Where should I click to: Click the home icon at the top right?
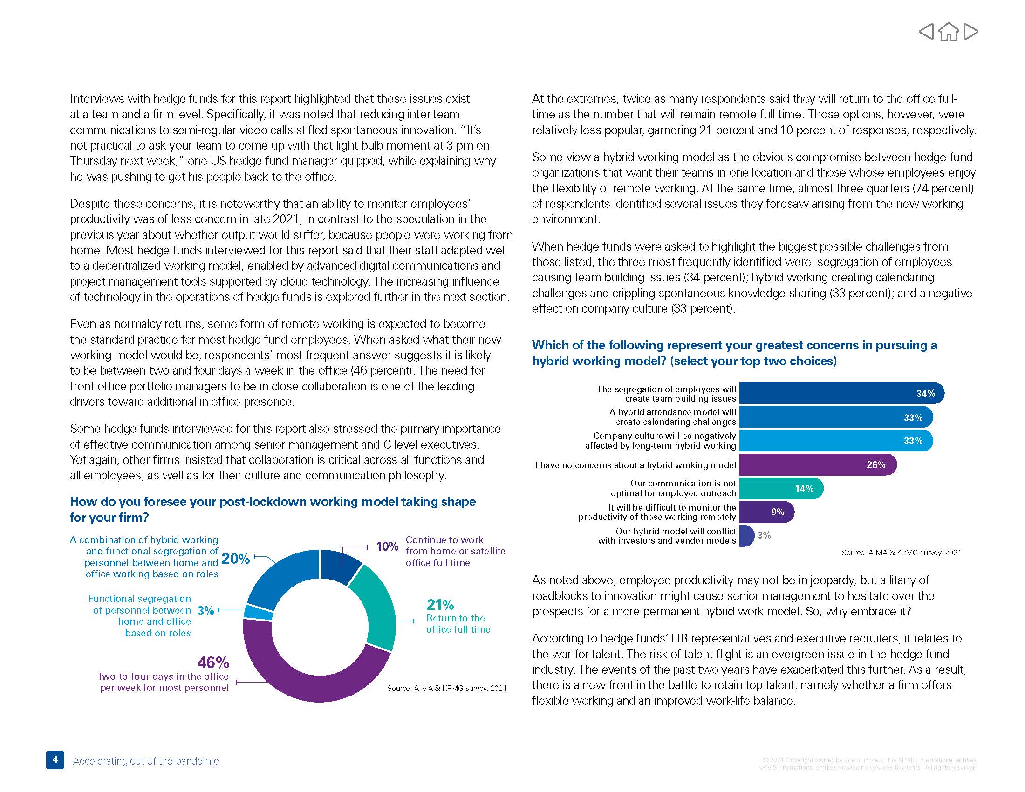(949, 32)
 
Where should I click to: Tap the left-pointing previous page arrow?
(926, 32)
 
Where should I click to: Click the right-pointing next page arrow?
(971, 32)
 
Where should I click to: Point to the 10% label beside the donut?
(387, 546)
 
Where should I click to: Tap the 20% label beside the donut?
(235, 558)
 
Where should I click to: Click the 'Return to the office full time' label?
(458, 623)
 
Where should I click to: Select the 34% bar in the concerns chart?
(840, 394)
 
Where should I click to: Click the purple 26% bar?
(817, 464)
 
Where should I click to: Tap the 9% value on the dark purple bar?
(778, 512)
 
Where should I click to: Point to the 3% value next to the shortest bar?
(764, 535)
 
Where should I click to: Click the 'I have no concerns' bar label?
(635, 465)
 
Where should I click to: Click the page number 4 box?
(55, 759)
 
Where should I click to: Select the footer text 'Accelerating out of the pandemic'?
(145, 761)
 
